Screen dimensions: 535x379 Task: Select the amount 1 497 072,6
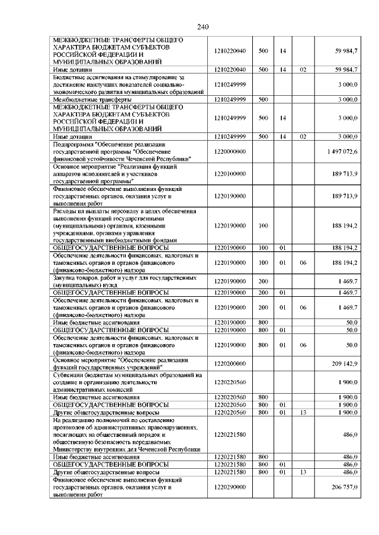click(x=342, y=152)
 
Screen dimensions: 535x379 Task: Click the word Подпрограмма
click(x=73, y=144)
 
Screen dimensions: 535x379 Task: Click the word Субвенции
click(x=70, y=375)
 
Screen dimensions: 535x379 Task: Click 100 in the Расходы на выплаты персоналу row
click(x=264, y=225)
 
